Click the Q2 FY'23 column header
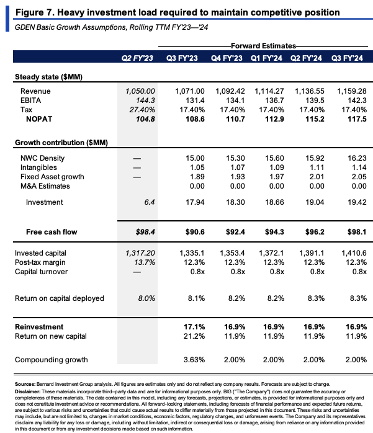tap(137, 58)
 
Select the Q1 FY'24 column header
tap(266, 58)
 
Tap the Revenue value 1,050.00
tap(140, 91)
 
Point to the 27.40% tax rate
tap(142, 110)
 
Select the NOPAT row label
tap(39, 119)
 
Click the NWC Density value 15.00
tap(195, 158)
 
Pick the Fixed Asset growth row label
tap(52, 177)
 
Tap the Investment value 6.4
tap(150, 202)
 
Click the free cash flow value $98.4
tap(145, 232)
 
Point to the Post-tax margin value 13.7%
tap(145, 262)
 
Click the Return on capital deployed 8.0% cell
tap(146, 298)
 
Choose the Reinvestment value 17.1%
tap(194, 327)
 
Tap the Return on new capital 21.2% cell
tap(194, 336)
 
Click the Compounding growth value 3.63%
tap(194, 360)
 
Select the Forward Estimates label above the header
tap(263, 46)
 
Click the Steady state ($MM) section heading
tap(48, 77)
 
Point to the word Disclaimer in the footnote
tap(28, 391)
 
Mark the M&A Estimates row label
tap(45, 186)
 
